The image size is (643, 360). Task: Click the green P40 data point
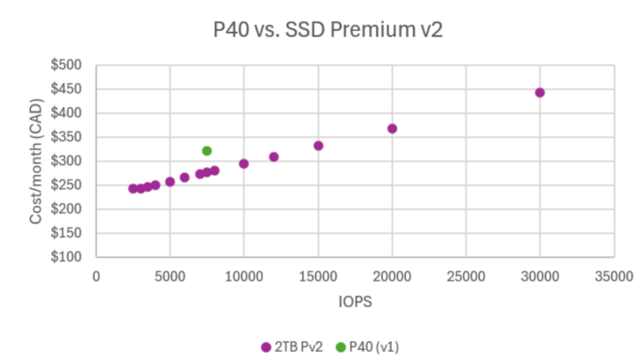click(x=207, y=151)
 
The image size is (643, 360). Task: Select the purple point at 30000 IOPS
click(x=540, y=92)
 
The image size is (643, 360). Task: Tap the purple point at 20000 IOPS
click(x=392, y=128)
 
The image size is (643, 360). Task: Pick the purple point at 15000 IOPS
click(x=318, y=146)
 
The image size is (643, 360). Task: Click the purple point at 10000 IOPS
click(x=244, y=163)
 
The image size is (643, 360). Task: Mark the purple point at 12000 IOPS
click(x=274, y=157)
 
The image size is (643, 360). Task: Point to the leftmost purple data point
click(x=133, y=188)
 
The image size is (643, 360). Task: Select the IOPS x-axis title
click(x=355, y=300)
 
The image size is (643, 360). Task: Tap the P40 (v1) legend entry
click(x=368, y=346)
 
